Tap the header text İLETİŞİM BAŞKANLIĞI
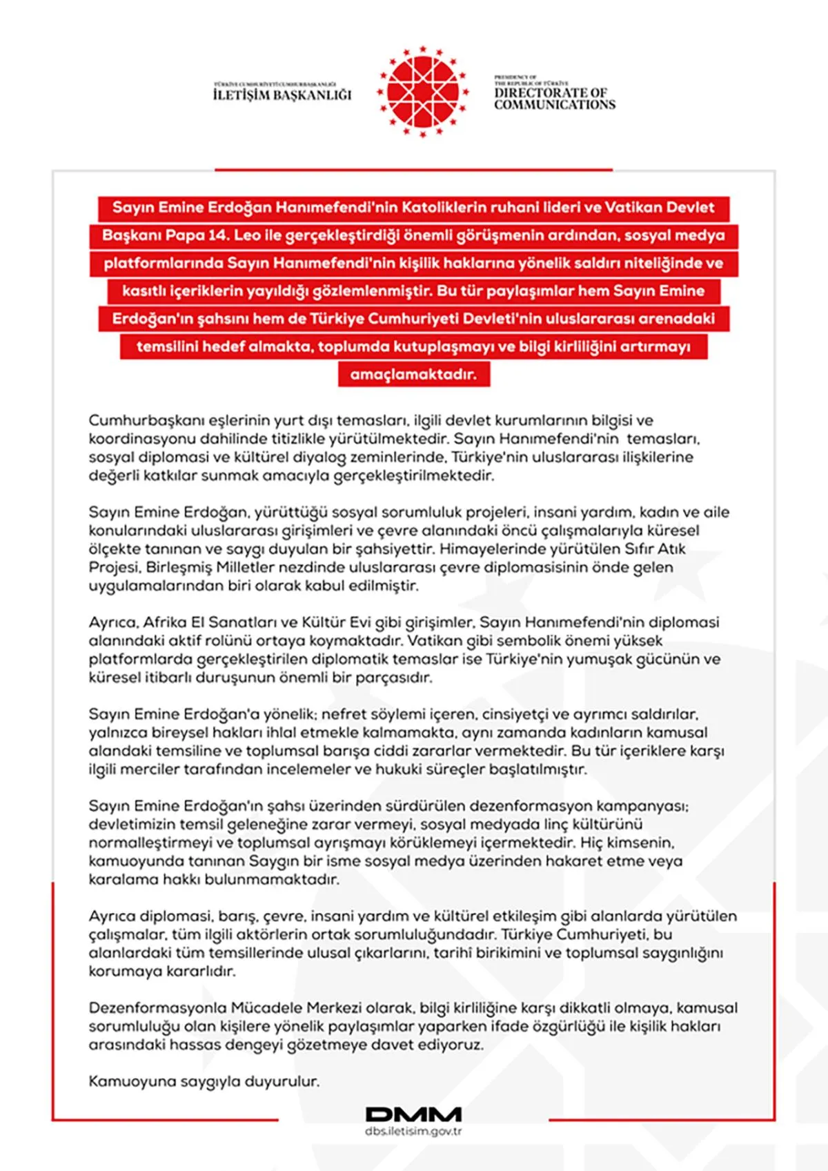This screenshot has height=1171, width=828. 282,95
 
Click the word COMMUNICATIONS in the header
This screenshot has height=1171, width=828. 555,105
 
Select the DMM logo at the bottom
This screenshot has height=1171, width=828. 413,1114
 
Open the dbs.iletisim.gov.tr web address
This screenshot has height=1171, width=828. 413,1132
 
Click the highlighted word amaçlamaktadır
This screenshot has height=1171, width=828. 413,375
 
